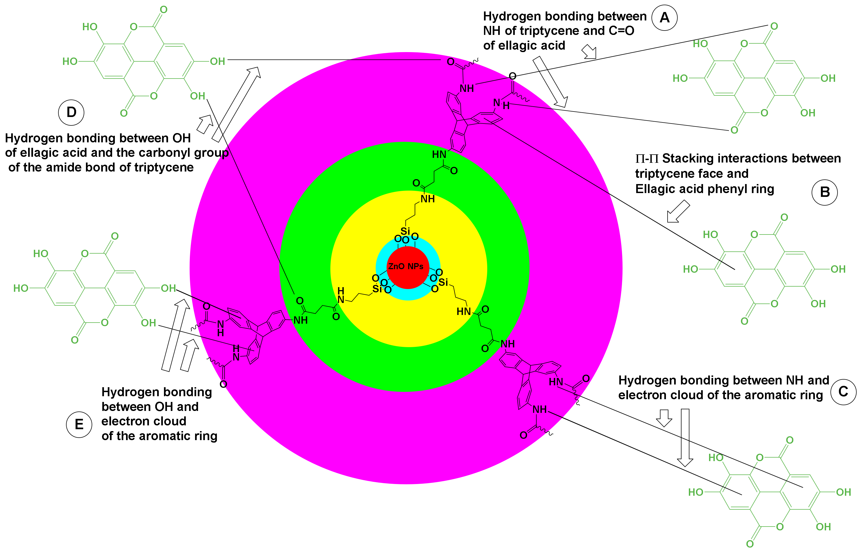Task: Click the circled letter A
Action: (664, 18)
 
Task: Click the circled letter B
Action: (824, 192)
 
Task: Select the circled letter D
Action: (71, 112)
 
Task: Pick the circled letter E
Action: (79, 425)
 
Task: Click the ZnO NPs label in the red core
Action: (405, 266)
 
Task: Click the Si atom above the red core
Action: (405, 231)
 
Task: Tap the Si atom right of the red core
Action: (443, 282)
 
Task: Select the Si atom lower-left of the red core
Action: (377, 289)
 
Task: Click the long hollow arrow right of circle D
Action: (236, 104)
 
